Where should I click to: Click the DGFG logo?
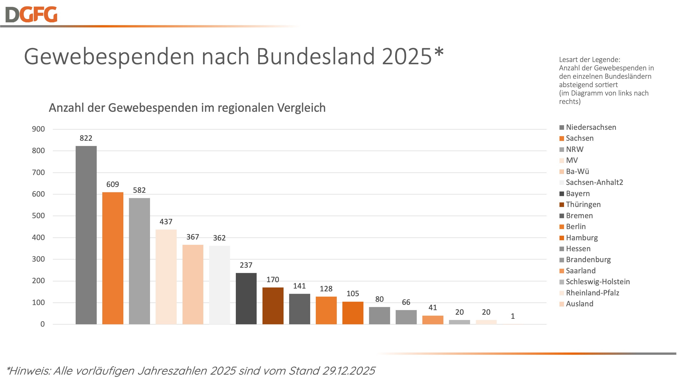[31, 14]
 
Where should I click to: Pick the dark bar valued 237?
[246, 298]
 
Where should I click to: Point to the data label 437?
[166, 222]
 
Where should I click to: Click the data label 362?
[219, 238]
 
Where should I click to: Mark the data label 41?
[433, 307]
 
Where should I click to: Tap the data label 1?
[513, 316]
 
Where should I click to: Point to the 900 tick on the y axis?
[38, 129]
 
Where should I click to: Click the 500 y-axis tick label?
[38, 216]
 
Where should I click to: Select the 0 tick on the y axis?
[42, 324]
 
